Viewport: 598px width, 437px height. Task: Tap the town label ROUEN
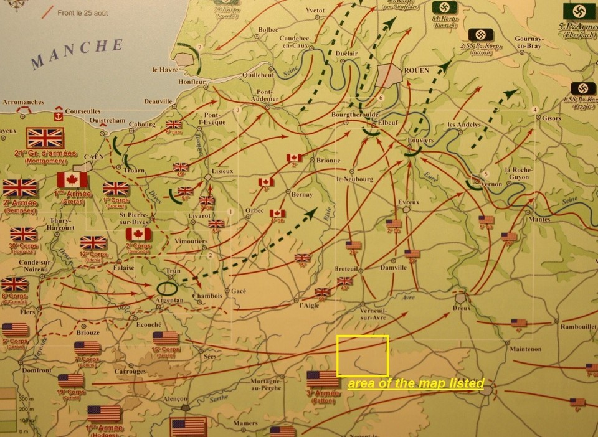coord(416,70)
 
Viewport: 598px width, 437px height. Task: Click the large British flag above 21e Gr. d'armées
coord(45,138)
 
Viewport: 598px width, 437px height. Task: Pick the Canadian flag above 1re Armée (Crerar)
coord(72,181)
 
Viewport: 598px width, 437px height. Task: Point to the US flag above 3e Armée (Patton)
coord(323,379)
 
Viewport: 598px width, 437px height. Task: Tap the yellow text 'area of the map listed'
coord(415,383)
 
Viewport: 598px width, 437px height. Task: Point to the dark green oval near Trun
coord(168,288)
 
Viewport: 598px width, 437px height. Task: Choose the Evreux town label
coord(409,202)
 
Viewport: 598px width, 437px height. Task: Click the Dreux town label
coord(462,308)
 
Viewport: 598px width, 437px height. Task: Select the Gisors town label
coord(551,118)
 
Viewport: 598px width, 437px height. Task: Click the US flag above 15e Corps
coord(166,338)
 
